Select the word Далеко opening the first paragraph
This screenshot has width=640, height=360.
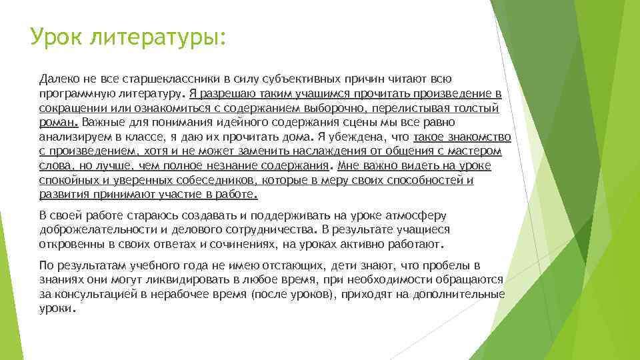(59, 79)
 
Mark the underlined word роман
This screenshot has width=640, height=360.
(58, 123)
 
